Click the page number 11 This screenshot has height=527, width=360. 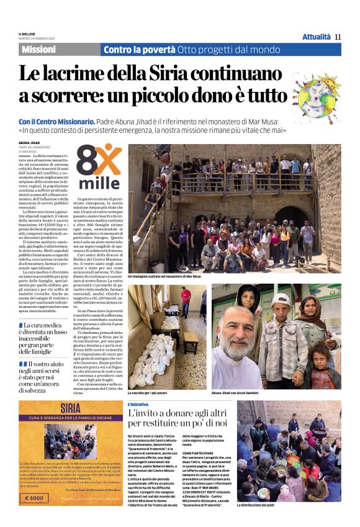click(338, 37)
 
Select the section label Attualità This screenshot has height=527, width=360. click(316, 37)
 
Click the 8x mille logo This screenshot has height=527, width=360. click(98, 168)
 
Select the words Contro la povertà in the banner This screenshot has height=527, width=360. click(139, 50)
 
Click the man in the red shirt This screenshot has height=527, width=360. click(186, 297)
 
